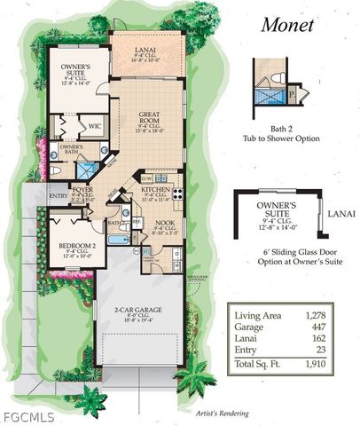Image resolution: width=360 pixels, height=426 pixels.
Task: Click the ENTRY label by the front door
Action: [58, 196]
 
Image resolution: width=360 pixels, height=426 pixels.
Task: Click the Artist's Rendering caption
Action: [222, 413]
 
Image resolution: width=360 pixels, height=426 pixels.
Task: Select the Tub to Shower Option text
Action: [283, 138]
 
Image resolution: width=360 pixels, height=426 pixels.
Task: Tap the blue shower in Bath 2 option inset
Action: [265, 93]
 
